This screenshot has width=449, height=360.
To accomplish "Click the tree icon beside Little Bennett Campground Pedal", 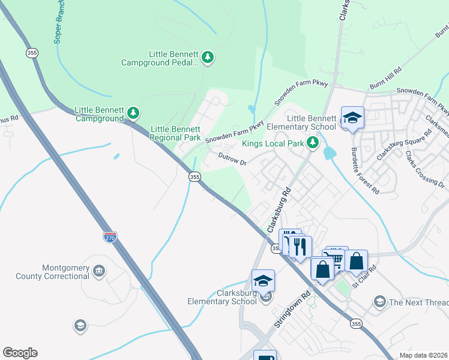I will point(208,58).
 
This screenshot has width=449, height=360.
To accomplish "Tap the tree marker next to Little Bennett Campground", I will point(133,113).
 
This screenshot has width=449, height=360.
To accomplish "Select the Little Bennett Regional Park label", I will point(175,133).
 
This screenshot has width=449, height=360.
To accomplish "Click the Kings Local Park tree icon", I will point(312,143).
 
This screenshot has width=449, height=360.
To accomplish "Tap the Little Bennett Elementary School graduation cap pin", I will point(353,118).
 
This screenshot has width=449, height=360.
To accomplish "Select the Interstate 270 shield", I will point(109,238).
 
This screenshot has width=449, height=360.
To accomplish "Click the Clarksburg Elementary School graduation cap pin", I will point(263,281).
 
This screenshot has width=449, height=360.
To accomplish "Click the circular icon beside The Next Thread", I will point(379,301).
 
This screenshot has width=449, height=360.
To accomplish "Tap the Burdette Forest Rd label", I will point(365,170).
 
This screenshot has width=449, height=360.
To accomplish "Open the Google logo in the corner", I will point(20,353).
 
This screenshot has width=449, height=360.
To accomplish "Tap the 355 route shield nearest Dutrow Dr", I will point(194,176).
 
